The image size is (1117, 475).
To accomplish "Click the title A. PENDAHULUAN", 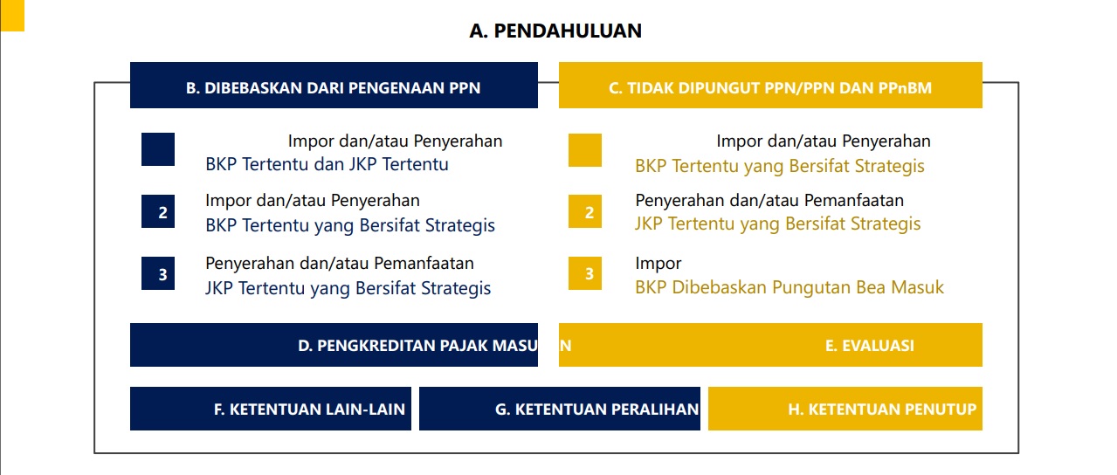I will point(555,31).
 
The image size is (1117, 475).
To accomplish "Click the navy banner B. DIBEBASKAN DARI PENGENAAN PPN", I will point(334,86).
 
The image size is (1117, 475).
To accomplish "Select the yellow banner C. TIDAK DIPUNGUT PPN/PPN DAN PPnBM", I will point(770,86).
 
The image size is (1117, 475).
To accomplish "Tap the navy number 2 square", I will point(158,212).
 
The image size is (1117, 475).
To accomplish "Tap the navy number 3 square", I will point(158,274).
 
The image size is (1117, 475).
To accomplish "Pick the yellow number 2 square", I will point(585,212).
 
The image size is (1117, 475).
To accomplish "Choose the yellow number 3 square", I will point(585,274).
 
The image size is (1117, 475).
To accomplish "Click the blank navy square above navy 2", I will point(158,149).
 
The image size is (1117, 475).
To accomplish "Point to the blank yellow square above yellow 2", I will point(585,149).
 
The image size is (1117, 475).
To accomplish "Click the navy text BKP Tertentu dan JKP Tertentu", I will point(327,164).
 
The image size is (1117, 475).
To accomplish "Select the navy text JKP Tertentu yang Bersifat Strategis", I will point(348,288).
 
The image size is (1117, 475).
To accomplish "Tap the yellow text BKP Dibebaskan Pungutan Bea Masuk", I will point(789,287).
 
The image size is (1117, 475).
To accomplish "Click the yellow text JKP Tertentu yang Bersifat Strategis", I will point(777,224).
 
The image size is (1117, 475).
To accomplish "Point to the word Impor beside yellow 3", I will point(658,263).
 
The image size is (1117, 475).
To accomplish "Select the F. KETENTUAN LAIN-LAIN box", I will point(272,409).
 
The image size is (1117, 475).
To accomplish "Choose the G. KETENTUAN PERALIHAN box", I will point(560,409).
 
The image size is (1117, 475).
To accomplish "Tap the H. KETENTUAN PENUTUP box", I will point(845,409).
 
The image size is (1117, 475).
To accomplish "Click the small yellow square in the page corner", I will point(12,15).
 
